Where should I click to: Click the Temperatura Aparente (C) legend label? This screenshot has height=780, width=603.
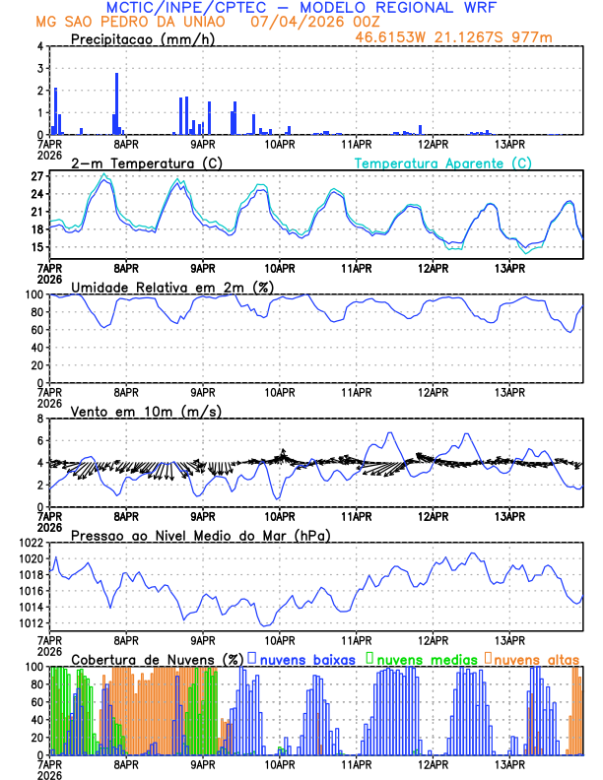click(442, 162)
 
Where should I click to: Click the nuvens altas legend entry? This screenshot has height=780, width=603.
click(536, 658)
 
